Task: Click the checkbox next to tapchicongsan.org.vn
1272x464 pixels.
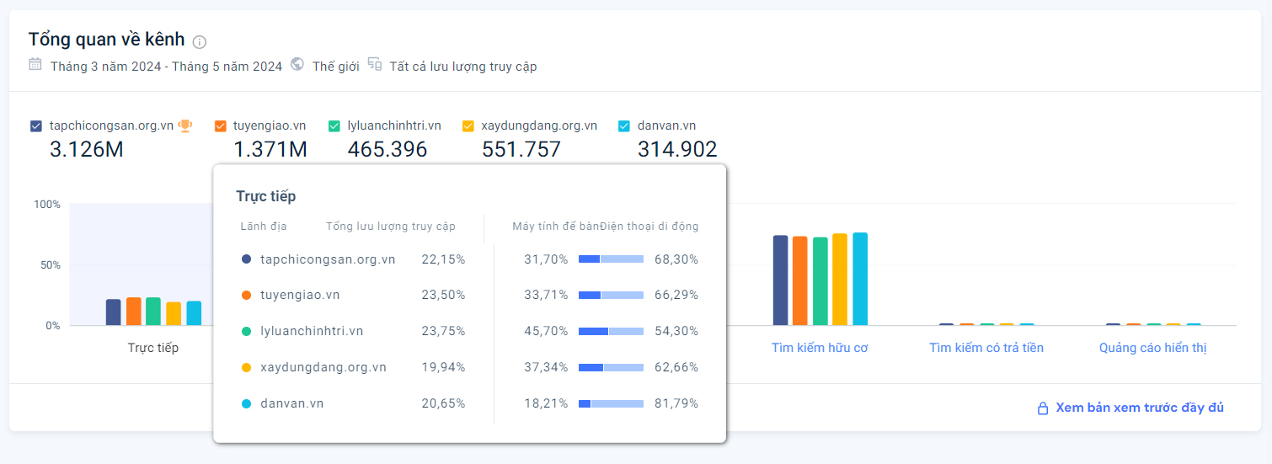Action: click(35, 126)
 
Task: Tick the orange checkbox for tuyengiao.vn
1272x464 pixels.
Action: click(221, 126)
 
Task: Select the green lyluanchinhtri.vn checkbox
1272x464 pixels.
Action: click(334, 126)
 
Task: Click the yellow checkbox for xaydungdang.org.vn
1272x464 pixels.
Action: click(468, 126)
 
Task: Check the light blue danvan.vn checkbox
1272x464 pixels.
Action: click(624, 126)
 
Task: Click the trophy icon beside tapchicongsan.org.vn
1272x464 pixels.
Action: click(184, 125)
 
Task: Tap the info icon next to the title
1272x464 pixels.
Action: click(200, 41)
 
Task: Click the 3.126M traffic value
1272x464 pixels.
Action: click(87, 150)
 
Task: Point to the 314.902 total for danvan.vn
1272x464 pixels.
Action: click(676, 150)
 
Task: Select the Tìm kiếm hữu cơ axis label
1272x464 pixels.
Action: click(820, 348)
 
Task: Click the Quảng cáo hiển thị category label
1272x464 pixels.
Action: click(1152, 348)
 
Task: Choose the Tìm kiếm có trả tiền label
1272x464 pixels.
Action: click(986, 348)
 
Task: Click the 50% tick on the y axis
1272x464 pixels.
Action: click(47, 265)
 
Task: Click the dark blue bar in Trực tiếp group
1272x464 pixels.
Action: click(113, 312)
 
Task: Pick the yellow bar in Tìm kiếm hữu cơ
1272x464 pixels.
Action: click(840, 279)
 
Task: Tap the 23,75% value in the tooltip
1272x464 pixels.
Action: click(443, 331)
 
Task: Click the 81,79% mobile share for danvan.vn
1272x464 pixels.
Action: click(676, 403)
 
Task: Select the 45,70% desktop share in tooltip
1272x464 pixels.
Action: click(546, 331)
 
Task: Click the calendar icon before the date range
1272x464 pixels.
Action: click(35, 64)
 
